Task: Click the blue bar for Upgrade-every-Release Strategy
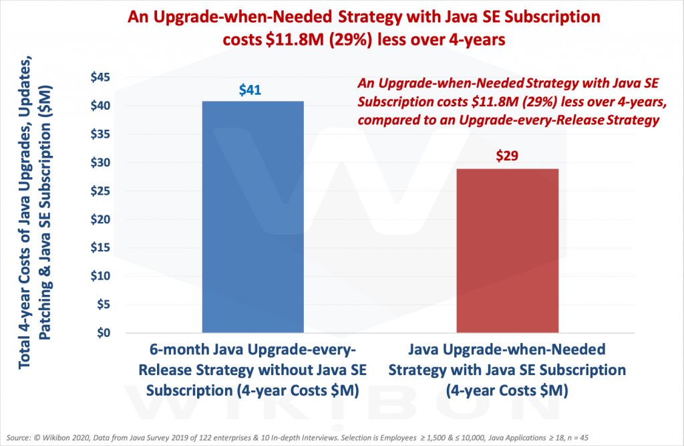[x=252, y=217]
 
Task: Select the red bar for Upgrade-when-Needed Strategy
[x=507, y=250]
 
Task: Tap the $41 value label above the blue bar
[x=252, y=90]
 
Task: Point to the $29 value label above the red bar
[x=507, y=156]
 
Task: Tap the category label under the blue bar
[x=252, y=370]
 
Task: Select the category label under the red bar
[x=507, y=370]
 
